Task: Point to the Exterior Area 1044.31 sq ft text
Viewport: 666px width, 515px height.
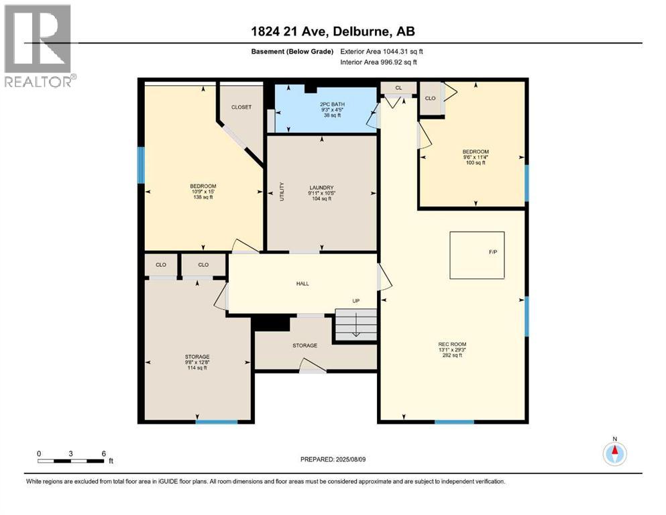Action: click(x=382, y=51)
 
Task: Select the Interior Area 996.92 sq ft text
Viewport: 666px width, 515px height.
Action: click(x=379, y=62)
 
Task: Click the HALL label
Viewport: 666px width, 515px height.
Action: click(x=302, y=284)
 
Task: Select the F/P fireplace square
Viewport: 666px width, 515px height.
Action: click(x=478, y=255)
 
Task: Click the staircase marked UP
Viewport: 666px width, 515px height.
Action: click(x=356, y=325)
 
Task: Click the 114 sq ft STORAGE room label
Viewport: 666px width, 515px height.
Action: click(x=197, y=361)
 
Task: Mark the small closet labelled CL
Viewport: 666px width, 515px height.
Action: click(x=398, y=88)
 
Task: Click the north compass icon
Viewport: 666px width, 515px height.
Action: click(x=614, y=453)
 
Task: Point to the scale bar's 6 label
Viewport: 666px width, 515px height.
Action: click(x=103, y=453)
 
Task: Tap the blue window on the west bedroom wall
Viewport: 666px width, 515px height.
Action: click(x=141, y=165)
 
